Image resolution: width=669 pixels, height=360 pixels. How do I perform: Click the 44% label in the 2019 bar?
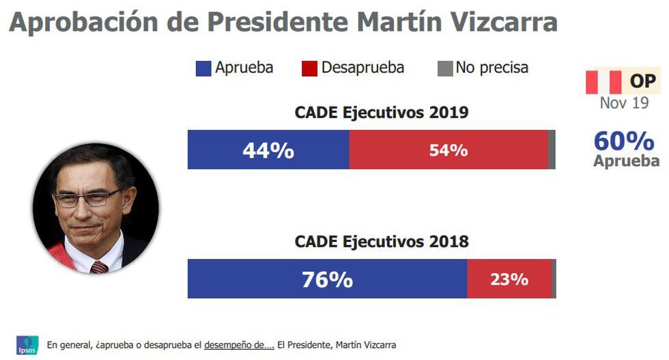268,150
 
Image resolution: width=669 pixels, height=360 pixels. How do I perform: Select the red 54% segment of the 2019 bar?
448,150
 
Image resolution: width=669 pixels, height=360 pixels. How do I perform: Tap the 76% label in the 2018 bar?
327,279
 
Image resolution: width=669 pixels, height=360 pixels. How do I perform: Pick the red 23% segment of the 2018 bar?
509,279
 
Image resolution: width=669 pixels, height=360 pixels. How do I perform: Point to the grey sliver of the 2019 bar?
552,150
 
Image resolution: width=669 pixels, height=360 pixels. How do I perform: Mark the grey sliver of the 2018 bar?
554,279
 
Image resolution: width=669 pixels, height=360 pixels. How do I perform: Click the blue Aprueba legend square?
203,68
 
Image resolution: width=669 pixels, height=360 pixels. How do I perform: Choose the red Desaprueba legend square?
309,68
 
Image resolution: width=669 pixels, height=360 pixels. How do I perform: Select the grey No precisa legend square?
444,68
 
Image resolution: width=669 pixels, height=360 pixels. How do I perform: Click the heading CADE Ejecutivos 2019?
382,113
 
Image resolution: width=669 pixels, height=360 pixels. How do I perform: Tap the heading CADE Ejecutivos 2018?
382,242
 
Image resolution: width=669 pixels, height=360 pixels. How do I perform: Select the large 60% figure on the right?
623,141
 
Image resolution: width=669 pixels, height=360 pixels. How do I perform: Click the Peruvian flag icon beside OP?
603,82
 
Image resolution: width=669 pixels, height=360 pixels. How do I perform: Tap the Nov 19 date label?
624,103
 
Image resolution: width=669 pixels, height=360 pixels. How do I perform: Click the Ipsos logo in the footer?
27,345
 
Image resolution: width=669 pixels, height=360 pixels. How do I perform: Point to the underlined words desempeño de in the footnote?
239,345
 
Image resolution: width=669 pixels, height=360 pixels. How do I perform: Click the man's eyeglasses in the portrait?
87,199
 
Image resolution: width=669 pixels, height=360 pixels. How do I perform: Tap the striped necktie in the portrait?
99,266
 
